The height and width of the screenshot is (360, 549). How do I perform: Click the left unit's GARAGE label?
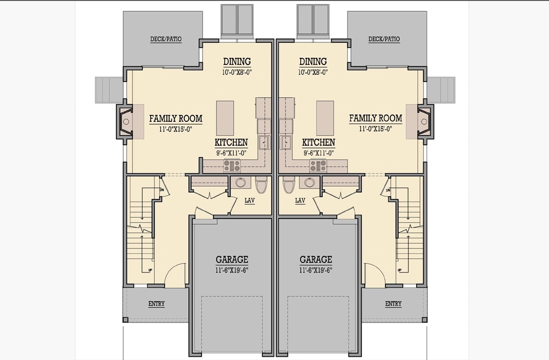point(232,259)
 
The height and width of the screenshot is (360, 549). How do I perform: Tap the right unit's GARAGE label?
point(316,259)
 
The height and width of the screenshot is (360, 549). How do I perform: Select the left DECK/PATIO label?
point(166,39)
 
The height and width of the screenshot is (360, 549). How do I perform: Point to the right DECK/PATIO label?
point(384,39)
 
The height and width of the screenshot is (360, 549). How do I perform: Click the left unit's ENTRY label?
point(157,304)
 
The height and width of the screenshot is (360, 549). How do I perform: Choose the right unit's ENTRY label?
point(393,304)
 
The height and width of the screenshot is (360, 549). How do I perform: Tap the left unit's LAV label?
point(250,201)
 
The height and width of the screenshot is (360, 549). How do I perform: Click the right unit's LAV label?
point(300,201)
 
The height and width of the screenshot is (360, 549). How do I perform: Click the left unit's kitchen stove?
point(232,165)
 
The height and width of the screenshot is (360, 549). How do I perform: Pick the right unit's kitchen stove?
point(318,165)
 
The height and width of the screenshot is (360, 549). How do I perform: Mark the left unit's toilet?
point(261,185)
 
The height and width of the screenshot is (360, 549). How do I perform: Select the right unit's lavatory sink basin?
point(309,182)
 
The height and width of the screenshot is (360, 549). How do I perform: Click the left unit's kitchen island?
point(225,118)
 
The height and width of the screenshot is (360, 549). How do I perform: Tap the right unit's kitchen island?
point(325,118)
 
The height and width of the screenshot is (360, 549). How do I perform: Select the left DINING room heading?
point(237,61)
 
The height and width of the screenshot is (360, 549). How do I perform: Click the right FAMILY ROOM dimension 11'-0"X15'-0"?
point(375,129)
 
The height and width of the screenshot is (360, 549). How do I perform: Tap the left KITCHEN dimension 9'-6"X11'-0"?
point(231,153)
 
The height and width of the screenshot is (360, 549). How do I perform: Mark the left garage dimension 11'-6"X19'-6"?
point(232,270)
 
